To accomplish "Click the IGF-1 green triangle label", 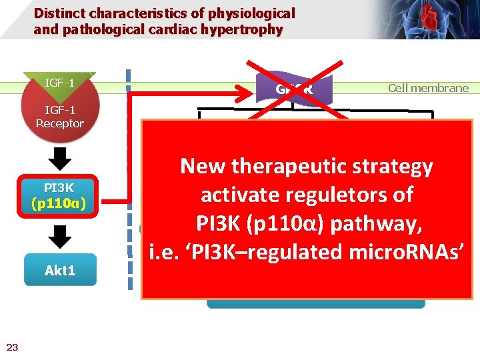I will coord(59,83).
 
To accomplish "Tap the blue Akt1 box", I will coord(60,271).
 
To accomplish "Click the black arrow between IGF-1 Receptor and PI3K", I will coord(60,159).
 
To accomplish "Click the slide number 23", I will coord(12,346).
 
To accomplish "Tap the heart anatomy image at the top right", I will coord(427,19).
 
